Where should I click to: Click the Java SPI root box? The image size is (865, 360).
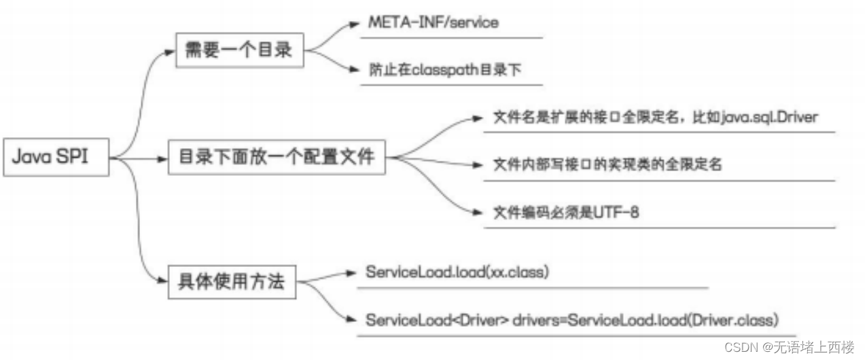(x=55, y=158)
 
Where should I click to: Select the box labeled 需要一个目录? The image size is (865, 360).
(x=239, y=50)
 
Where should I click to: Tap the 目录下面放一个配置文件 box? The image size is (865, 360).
(x=276, y=158)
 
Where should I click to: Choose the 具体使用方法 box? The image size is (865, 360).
(x=232, y=281)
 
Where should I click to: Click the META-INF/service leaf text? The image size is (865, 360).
(x=433, y=22)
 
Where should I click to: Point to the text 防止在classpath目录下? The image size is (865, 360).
(x=444, y=70)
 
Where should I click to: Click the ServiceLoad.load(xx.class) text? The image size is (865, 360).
(x=457, y=272)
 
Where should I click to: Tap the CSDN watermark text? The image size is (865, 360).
(x=742, y=347)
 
